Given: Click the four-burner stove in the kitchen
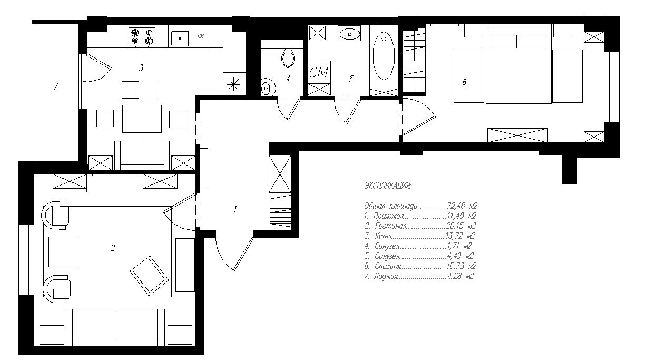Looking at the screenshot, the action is point(142,36).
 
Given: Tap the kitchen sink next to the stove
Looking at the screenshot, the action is point(180,38).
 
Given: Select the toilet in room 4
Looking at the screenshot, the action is point(288,57).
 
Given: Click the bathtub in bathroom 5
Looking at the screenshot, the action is point(384,55).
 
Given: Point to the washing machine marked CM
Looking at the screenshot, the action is point(319,72).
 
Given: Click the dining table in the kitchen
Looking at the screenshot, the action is point(142,119).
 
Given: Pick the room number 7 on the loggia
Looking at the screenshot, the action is point(56,86).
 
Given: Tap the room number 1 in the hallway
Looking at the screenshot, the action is point(235,209).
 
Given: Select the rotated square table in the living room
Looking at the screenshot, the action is point(149,276).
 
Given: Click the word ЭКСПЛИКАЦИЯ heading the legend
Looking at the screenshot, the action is point(387,186).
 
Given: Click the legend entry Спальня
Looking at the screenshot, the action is point(388,266).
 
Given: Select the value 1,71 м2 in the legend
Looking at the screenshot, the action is point(459,246).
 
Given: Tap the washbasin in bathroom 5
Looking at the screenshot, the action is point(349,34).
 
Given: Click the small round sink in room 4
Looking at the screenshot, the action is point(268,87).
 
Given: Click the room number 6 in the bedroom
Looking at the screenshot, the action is point(464,82).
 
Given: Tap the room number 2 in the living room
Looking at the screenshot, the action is point(113,248).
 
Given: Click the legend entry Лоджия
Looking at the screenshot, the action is point(386,276).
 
